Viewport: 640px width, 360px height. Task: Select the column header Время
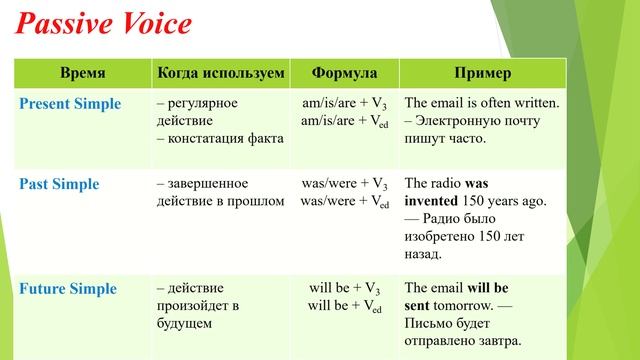(x=83, y=74)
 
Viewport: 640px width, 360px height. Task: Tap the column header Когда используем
(x=221, y=74)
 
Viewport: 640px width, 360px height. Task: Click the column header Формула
(x=344, y=74)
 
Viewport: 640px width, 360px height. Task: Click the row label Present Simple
(x=70, y=104)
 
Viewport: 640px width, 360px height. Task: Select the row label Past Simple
(x=59, y=184)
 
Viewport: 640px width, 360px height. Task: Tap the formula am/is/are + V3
(x=344, y=102)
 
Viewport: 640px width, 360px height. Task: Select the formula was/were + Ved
(x=344, y=201)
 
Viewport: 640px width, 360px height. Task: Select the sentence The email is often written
(x=481, y=103)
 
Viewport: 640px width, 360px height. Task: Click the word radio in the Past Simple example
(x=446, y=183)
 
